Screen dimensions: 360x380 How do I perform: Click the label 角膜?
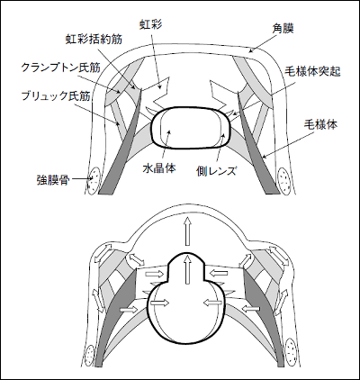coord(283,29)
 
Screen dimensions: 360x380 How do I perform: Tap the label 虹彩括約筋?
coord(94,39)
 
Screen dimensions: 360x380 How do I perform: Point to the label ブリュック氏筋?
coord(56,95)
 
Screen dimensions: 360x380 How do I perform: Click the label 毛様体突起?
coord(312,72)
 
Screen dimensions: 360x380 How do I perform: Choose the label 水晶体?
coord(159,168)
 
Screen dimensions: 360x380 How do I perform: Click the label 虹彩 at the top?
coord(150,23)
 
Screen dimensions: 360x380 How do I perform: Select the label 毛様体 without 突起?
coord(320,124)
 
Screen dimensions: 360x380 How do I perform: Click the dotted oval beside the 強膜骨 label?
coord(93,179)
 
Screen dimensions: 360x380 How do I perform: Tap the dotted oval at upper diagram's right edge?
coord(283,181)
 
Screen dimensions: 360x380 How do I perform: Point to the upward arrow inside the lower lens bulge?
coord(188,269)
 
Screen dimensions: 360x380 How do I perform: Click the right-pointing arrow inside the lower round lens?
coord(159,303)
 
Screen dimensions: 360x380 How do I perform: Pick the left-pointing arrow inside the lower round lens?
coord(213,303)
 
